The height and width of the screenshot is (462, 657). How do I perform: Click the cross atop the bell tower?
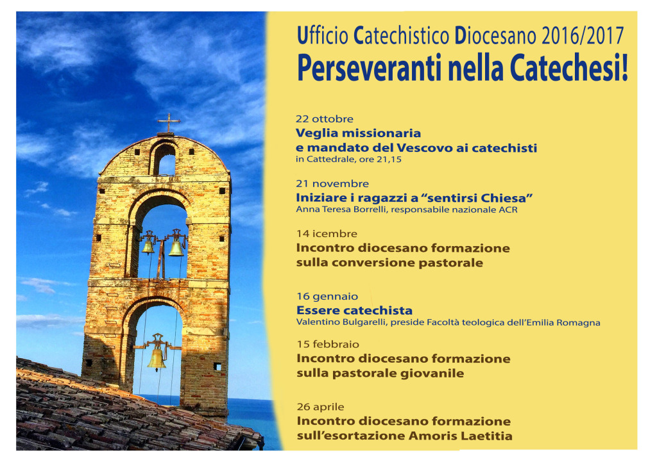point(169,123)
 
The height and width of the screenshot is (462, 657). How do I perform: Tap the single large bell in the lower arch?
point(157,359)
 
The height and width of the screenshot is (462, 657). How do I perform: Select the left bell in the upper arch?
point(148,247)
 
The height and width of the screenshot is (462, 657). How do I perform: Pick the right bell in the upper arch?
point(176,248)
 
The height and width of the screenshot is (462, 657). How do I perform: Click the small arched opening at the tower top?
point(164,160)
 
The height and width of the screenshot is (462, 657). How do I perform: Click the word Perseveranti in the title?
point(370,68)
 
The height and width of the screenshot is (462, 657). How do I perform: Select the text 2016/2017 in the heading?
point(583,36)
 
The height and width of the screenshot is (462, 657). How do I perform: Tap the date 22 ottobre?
point(325,119)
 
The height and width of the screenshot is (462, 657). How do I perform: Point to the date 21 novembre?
point(332,183)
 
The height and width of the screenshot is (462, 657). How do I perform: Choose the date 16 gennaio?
point(327,296)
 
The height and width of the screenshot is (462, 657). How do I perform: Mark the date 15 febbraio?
point(328,344)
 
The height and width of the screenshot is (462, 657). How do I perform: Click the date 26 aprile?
point(321,407)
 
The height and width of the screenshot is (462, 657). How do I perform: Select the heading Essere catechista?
point(354,311)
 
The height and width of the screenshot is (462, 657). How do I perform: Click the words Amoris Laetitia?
point(460,436)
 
